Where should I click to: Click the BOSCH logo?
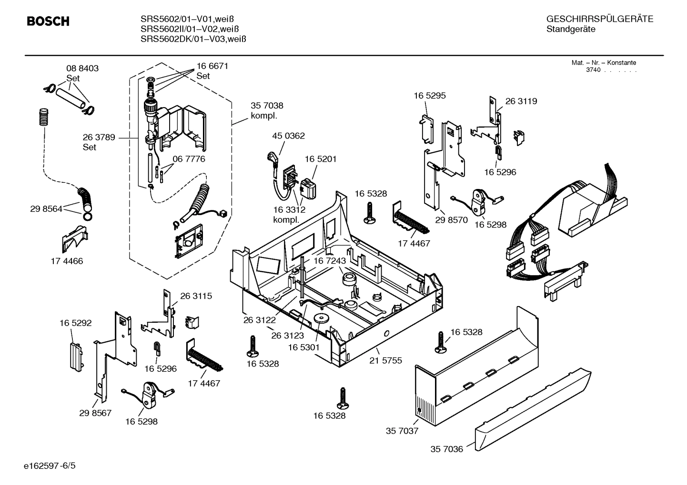pos(48,21)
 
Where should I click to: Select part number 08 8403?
pos(82,69)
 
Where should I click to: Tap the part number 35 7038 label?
pos(267,106)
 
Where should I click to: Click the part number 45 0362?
pos(288,136)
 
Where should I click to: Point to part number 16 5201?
pos(320,159)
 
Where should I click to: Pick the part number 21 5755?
pos(385,360)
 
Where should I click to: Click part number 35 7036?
pos(446,449)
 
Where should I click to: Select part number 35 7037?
pos(402,431)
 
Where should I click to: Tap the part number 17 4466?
pos(67,261)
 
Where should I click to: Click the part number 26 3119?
pos(521,101)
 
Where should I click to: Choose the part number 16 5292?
pos(75,323)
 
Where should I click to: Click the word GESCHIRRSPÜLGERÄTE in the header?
pos(599,20)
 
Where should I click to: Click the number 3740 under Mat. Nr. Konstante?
pos(593,70)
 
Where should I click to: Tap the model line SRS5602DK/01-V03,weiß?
pos(193,39)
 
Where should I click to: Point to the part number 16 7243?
pos(329,261)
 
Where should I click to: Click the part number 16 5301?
pos(303,347)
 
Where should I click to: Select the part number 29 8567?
pos(95,413)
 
